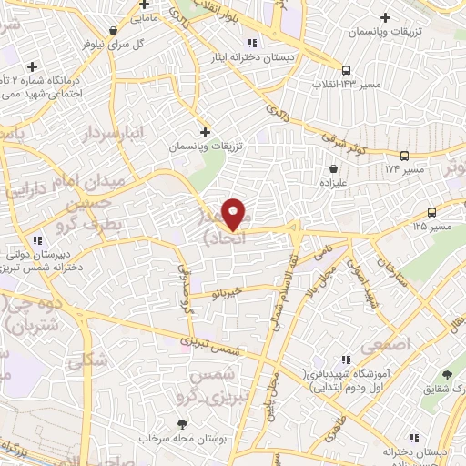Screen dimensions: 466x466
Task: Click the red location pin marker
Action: click(234, 213)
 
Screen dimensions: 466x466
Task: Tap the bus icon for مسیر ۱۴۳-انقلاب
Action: click(346, 70)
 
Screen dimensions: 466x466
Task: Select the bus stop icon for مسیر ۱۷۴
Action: click(404, 155)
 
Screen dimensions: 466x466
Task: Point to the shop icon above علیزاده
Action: click(334, 168)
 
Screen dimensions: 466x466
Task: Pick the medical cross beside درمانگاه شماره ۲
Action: click(33, 66)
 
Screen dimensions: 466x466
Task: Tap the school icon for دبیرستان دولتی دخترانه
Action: click(36, 240)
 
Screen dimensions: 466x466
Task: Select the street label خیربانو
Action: click(223, 293)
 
